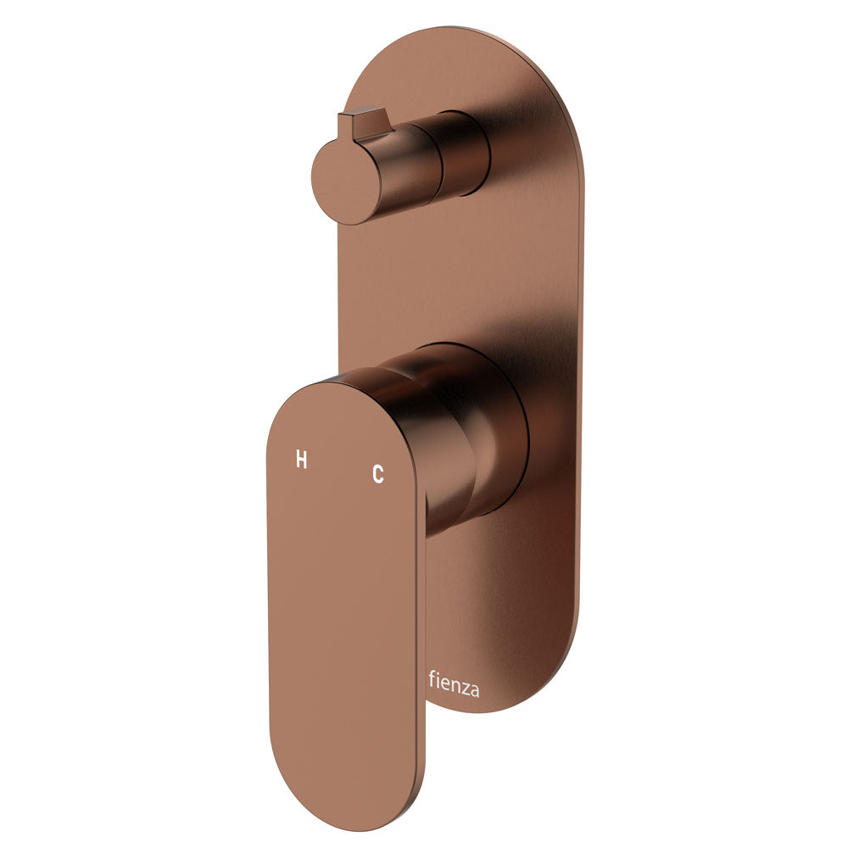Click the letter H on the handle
[x=301, y=460]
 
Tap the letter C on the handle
[x=378, y=475]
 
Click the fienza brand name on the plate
[x=454, y=683]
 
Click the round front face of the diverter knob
[x=345, y=184]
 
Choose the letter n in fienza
[x=455, y=684]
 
